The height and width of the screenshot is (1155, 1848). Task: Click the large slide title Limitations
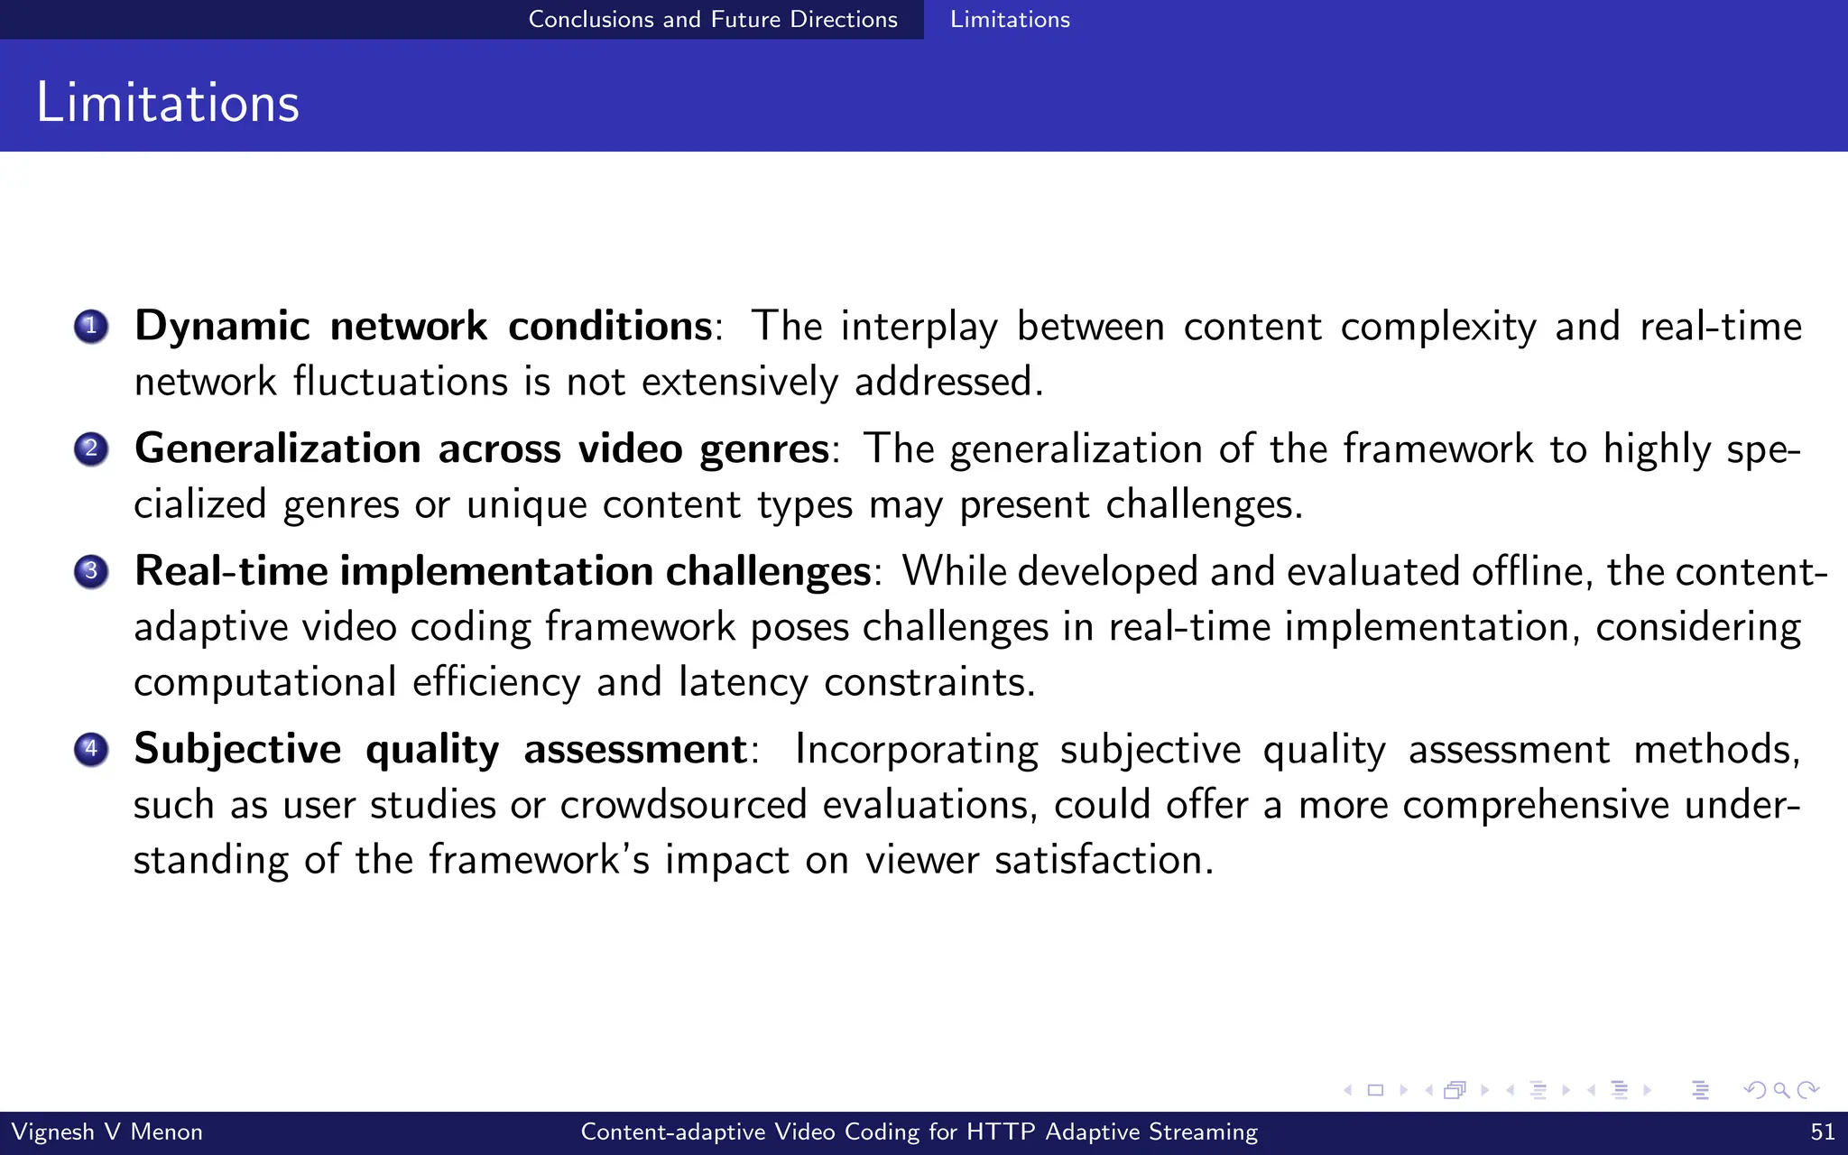[168, 102]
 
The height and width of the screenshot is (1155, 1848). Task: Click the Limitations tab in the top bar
[1010, 19]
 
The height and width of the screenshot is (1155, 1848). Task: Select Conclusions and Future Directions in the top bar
[713, 19]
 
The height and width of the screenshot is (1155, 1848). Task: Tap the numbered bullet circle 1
[91, 327]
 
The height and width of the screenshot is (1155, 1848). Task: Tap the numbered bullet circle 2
[91, 448]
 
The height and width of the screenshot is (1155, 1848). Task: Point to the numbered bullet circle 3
[91, 571]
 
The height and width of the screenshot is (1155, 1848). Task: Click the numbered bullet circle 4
[91, 749]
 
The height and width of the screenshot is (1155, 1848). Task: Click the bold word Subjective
[237, 749]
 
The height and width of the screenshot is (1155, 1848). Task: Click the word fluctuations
[401, 382]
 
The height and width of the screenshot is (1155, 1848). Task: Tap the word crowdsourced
[683, 804]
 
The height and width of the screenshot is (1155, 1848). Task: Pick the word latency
[743, 681]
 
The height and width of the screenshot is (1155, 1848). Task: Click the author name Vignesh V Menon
[106, 1132]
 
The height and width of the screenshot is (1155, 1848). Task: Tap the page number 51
[1822, 1132]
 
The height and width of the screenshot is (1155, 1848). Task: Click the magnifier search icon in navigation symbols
[1781, 1090]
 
